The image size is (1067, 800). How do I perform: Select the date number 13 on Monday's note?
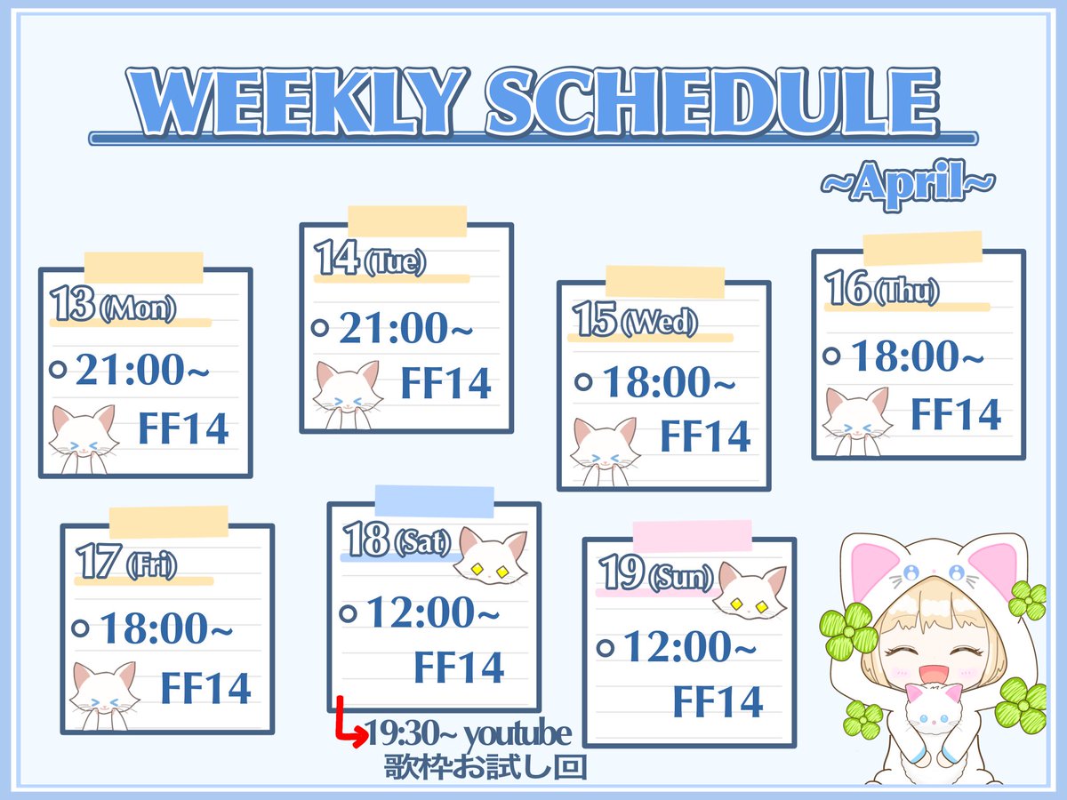[x=73, y=306]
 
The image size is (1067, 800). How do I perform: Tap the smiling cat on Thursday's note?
[x=857, y=416]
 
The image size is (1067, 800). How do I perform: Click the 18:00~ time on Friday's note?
[x=166, y=629]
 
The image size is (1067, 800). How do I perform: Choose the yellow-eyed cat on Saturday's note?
[x=494, y=556]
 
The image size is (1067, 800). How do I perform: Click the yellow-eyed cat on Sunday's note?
[x=751, y=591]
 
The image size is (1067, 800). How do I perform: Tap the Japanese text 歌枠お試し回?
[x=485, y=766]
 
